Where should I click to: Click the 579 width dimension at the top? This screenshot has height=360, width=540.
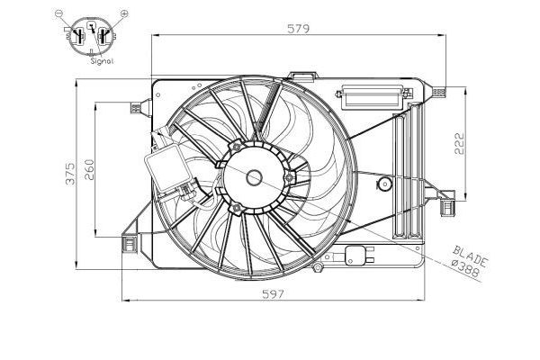tap(299, 28)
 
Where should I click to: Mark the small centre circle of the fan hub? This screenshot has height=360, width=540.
tap(254, 178)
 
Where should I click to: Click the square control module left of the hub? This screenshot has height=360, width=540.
tap(165, 168)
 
